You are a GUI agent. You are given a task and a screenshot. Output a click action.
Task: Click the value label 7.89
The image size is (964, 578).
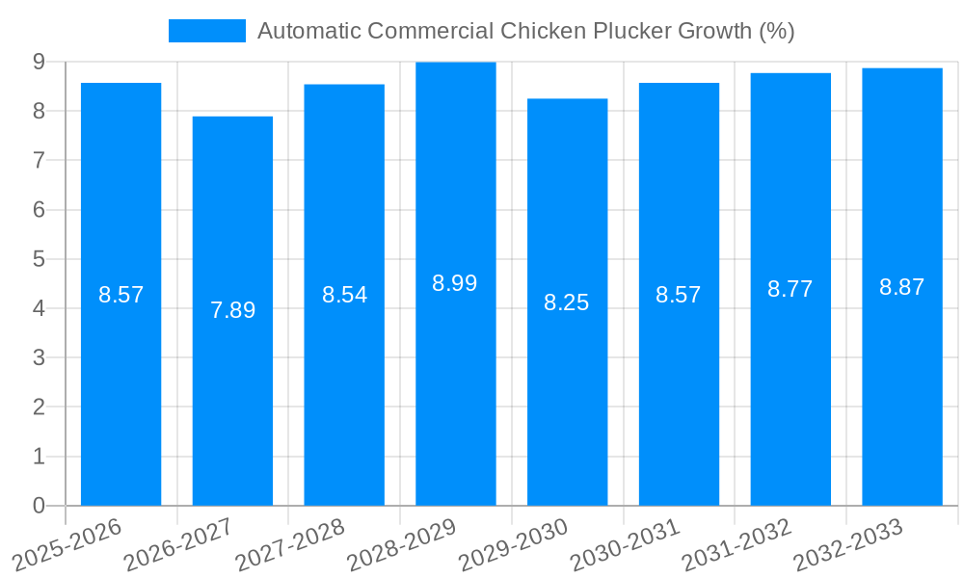click(x=232, y=310)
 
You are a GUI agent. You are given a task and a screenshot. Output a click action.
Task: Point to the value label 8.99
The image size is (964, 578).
click(x=455, y=283)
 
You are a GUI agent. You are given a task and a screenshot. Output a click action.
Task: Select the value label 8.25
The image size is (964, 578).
click(x=567, y=302)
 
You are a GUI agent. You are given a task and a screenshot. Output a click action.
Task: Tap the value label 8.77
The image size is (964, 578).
click(x=790, y=289)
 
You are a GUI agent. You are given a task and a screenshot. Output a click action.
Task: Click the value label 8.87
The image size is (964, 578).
click(x=902, y=287)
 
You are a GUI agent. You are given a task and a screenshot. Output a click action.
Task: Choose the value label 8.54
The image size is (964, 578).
click(x=344, y=295)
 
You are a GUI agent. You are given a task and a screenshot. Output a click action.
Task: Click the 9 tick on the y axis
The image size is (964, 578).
click(x=40, y=62)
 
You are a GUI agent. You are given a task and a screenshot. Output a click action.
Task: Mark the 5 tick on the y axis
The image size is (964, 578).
click(x=40, y=259)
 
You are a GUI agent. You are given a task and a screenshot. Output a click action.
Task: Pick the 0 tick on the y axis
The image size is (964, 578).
click(x=40, y=506)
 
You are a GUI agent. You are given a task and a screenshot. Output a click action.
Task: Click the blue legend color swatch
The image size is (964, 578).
click(x=206, y=31)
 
